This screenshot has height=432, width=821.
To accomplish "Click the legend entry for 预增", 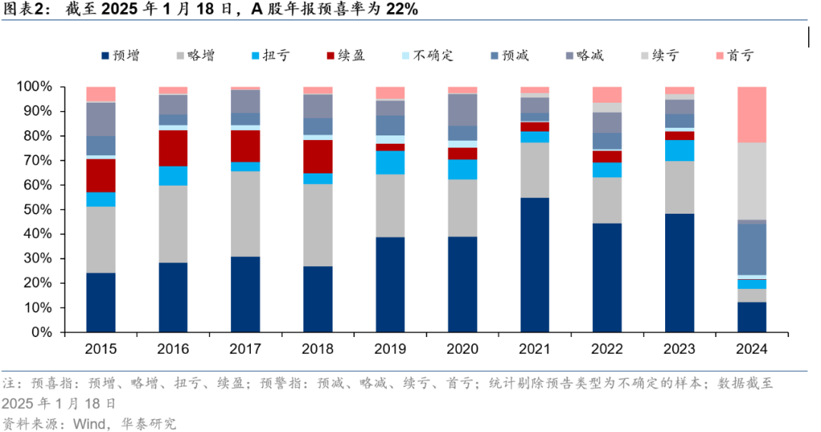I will (120, 56).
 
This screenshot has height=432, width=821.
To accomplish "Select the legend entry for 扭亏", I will (270, 56).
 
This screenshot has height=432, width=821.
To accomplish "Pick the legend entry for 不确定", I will (426, 56).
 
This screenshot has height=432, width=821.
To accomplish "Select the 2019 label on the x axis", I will (390, 350).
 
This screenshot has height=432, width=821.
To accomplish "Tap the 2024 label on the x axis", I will (752, 350).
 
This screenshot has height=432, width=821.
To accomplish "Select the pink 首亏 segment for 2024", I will (752, 115).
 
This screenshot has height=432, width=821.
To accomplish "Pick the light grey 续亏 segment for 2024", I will (752, 181).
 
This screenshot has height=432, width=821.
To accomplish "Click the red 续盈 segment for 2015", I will (101, 176).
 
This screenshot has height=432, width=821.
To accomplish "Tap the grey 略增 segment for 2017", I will (246, 214).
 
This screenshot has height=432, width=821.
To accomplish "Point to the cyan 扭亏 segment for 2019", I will (390, 163).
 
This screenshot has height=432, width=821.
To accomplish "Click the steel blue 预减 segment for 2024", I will (752, 249).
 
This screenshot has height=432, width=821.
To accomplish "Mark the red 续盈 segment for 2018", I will (318, 157).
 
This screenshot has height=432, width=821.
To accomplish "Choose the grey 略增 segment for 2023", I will (680, 187).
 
